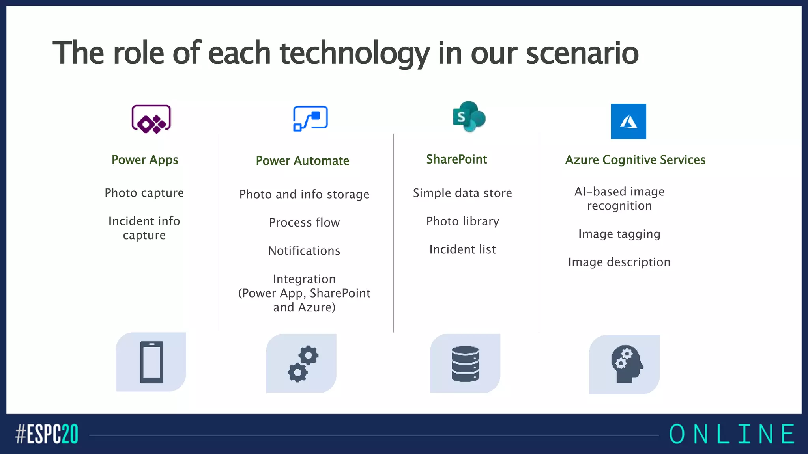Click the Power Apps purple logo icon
click(x=151, y=119)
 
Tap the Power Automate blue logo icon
click(x=310, y=118)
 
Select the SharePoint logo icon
click(x=469, y=117)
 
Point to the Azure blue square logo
click(x=628, y=121)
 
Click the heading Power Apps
click(x=145, y=160)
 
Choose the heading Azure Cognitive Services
click(x=635, y=160)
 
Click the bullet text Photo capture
click(x=144, y=193)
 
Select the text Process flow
click(x=304, y=223)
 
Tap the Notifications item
click(x=304, y=251)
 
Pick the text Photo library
click(x=462, y=221)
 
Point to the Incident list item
click(x=462, y=249)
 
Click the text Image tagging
click(x=619, y=234)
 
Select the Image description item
click(x=619, y=262)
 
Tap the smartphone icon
click(x=151, y=362)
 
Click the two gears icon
click(x=303, y=364)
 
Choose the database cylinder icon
click(x=465, y=364)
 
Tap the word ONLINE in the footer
click(x=732, y=434)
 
